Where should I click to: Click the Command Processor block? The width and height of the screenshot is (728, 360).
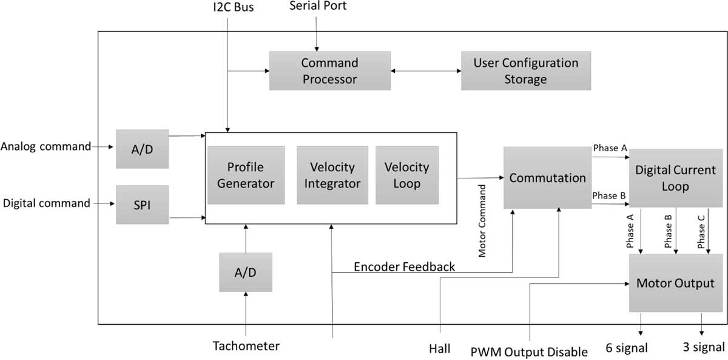point(329,71)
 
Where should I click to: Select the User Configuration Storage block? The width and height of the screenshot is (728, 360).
point(525,71)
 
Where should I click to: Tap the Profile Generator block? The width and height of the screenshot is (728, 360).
point(246,175)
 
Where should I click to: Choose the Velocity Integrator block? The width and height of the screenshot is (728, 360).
point(332,175)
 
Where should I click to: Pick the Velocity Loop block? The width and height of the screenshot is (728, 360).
point(406,175)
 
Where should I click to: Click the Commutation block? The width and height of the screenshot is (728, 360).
point(547,178)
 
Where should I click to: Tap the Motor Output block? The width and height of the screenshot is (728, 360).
point(675,283)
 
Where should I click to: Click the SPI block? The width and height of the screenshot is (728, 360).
point(142,205)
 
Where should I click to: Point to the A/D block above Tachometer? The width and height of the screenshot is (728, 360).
point(246,272)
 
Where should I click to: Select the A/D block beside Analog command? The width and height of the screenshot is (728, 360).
point(142,148)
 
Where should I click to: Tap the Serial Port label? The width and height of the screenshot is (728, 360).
point(318,6)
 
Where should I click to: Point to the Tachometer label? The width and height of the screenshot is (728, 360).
point(246,347)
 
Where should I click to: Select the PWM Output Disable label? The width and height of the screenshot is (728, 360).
point(529,352)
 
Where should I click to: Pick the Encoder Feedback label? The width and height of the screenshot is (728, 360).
point(404,267)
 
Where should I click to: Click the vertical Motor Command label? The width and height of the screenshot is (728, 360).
point(482,221)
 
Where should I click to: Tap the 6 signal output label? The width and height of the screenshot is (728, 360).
point(627,348)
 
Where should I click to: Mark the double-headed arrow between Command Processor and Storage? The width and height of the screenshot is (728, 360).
point(426,71)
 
